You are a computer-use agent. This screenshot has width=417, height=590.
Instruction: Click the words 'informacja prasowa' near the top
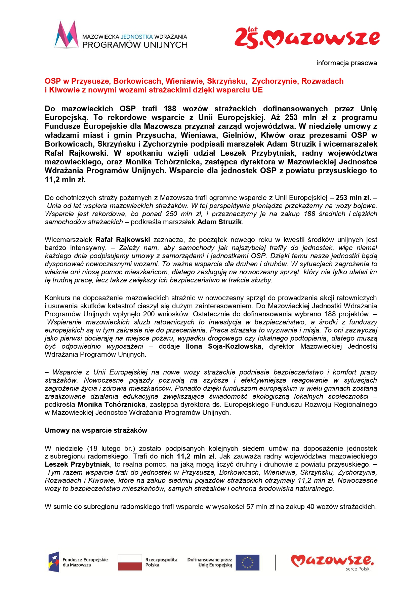click(x=346, y=63)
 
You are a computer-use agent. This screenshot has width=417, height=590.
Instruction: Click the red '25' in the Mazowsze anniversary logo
click(x=246, y=39)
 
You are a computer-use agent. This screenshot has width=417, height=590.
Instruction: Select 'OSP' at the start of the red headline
click(x=53, y=81)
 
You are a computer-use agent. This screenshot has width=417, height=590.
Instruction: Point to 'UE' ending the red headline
click(x=257, y=90)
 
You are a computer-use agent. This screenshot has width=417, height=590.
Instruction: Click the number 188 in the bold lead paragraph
click(x=170, y=109)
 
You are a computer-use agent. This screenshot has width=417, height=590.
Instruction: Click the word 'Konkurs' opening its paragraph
click(x=57, y=298)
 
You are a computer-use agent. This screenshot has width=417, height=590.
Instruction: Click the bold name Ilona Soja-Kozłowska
click(x=223, y=346)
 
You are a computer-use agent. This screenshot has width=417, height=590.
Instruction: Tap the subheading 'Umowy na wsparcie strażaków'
click(x=96, y=430)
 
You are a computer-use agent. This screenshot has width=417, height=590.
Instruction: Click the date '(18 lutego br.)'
click(x=111, y=448)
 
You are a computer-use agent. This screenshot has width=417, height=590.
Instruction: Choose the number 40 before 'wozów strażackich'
click(x=310, y=507)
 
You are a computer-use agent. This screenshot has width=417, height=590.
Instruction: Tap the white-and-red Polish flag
click(x=130, y=562)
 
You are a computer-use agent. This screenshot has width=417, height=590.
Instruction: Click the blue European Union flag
click(x=247, y=562)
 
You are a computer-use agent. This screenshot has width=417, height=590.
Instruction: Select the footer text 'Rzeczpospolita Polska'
click(x=161, y=562)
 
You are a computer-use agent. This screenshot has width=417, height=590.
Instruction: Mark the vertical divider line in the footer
click(x=275, y=562)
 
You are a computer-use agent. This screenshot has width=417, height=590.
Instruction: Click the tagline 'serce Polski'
click(x=358, y=569)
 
